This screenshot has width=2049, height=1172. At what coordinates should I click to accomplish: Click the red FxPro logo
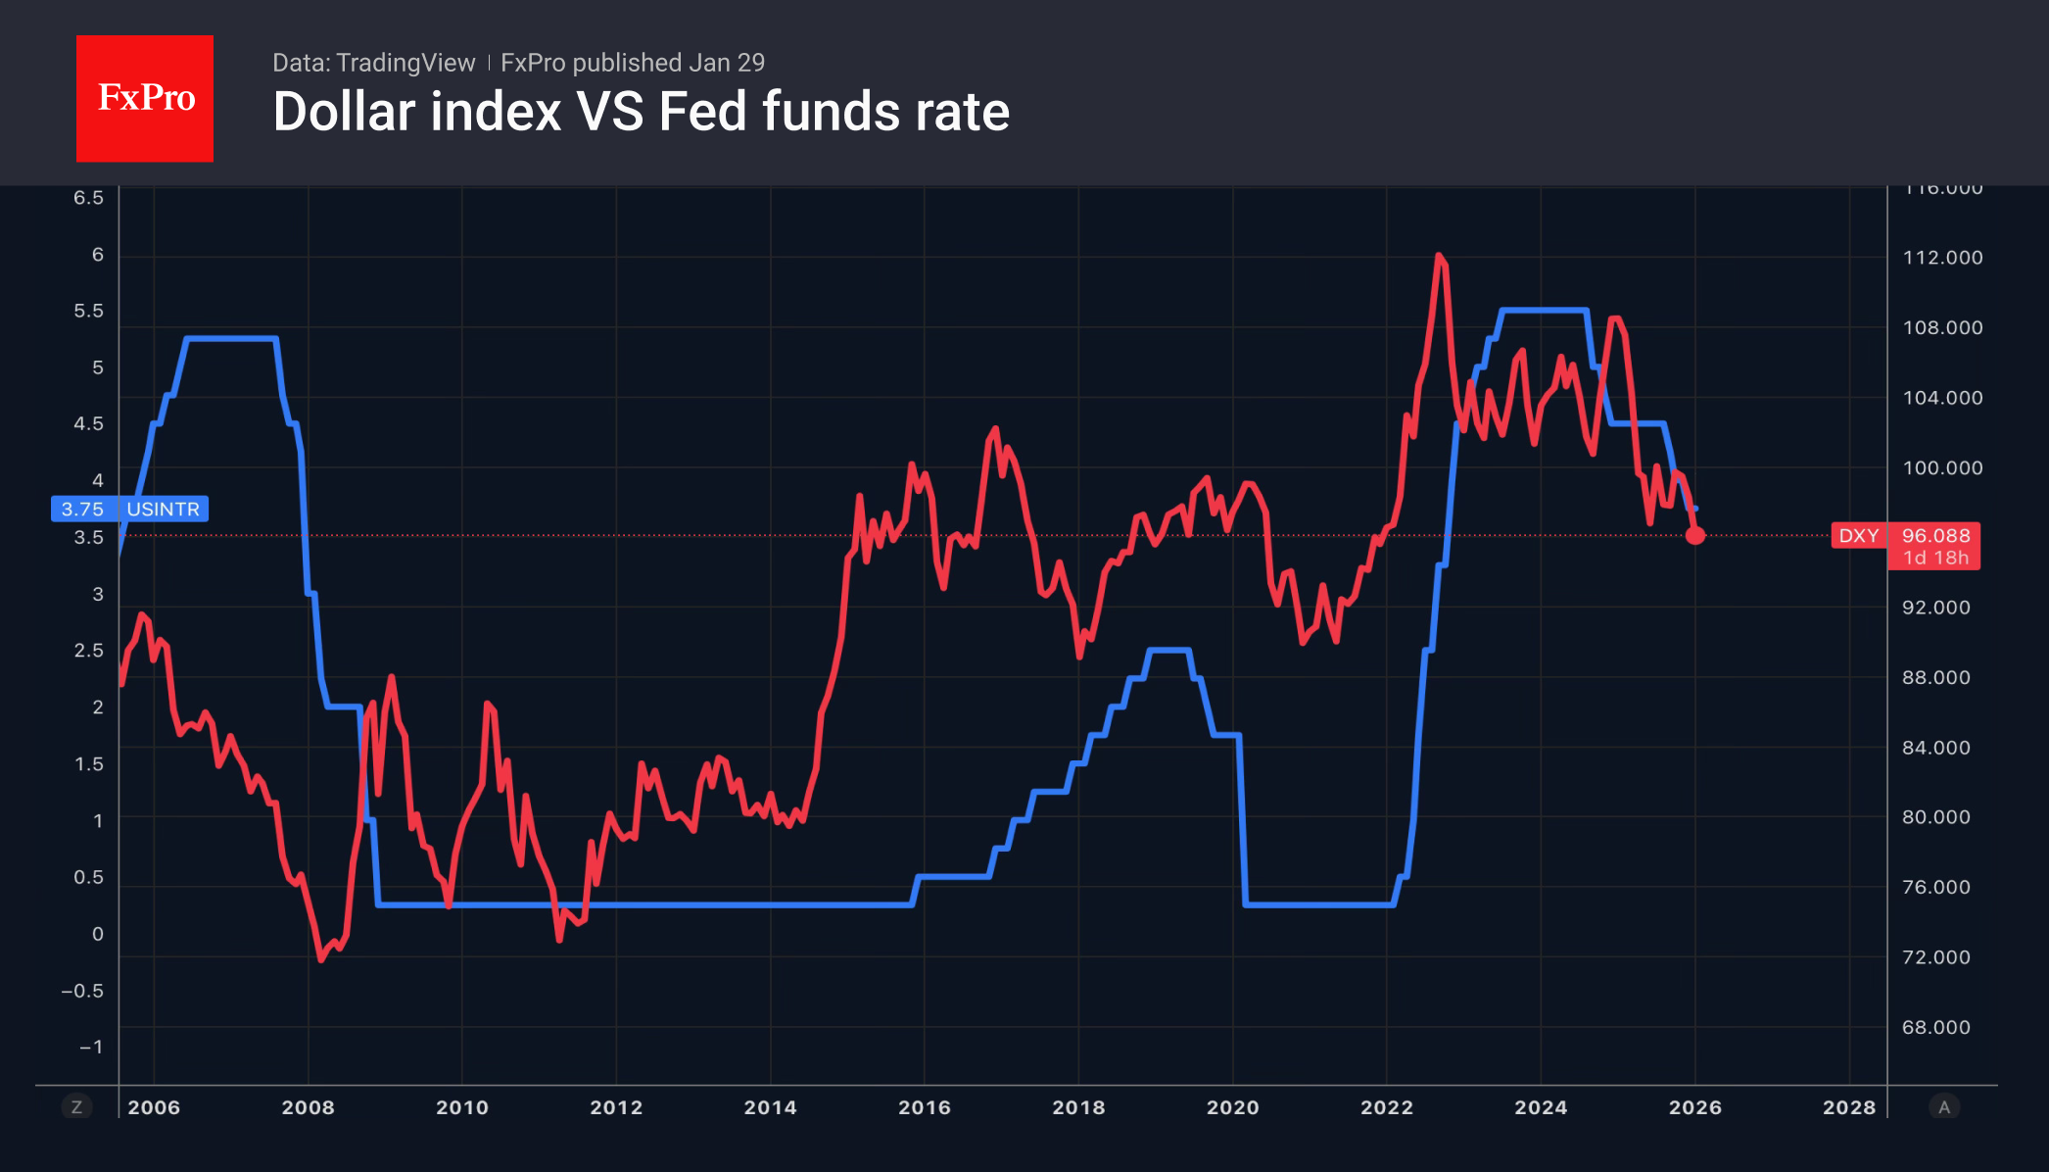pos(145,98)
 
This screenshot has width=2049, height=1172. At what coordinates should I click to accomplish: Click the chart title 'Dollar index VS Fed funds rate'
pos(641,112)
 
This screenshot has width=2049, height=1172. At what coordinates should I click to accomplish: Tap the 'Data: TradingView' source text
pos(373,63)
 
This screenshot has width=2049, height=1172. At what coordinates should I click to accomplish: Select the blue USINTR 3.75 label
pos(129,509)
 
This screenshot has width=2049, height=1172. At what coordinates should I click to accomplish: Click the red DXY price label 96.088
pos(1934,536)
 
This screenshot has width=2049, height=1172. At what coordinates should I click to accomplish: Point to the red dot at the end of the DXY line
pos(1695,535)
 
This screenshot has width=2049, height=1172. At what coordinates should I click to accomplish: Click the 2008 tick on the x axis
pos(308,1107)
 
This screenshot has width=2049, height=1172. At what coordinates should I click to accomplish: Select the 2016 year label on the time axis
pos(924,1107)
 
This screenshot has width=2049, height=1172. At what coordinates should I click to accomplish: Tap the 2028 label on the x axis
pos(1848,1107)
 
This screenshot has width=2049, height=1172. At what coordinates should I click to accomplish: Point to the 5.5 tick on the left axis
pos(88,311)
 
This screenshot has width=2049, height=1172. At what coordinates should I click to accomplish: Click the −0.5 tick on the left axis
pos(82,991)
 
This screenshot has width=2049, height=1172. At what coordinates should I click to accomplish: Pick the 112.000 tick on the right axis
pos(1942,258)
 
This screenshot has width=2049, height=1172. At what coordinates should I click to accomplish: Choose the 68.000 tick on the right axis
pos(1935,1027)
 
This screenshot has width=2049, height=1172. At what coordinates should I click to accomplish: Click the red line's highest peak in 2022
pos(1439,256)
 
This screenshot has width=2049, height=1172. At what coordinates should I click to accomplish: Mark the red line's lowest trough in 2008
pos(321,959)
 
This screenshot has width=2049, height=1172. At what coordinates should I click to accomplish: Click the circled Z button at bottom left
pos(76,1107)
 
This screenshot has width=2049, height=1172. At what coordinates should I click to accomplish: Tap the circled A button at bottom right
pos(1944,1107)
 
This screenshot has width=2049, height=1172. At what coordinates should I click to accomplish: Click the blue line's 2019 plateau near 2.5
pos(1168,650)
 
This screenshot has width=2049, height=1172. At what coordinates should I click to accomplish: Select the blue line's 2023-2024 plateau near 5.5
pos(1544,311)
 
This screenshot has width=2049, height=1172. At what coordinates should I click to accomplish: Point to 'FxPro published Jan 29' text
pos(632,63)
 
